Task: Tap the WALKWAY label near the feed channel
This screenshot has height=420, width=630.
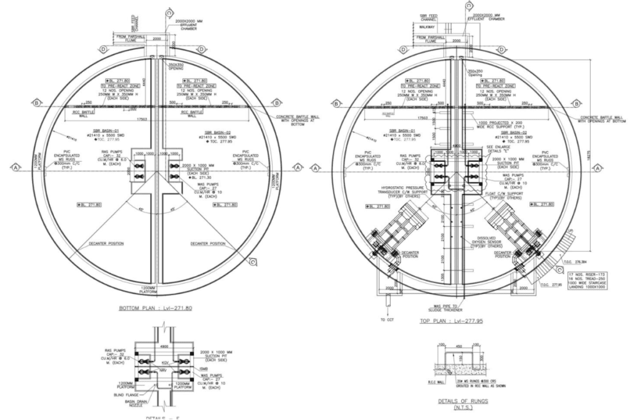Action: pos(426,27)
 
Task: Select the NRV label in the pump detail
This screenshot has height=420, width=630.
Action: pos(162,372)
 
